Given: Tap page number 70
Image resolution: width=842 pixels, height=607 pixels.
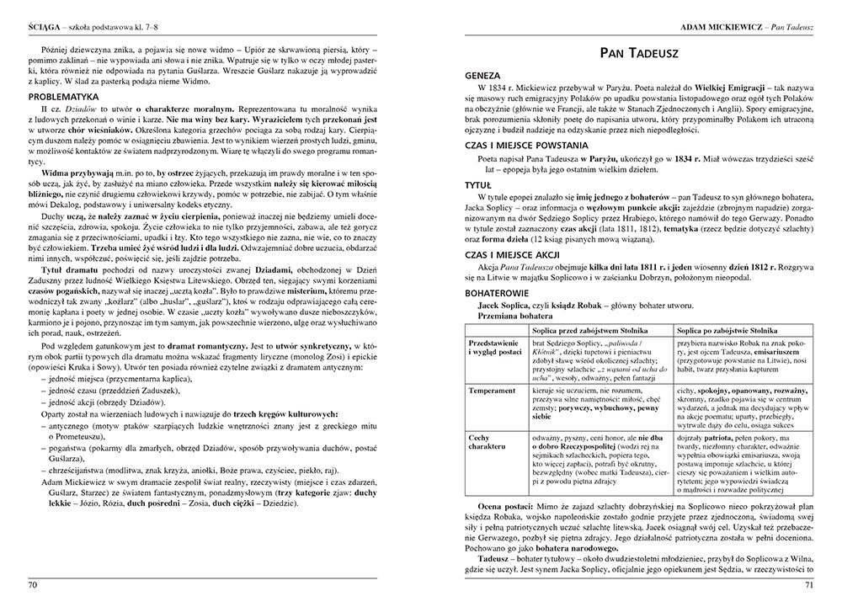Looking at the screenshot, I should [33, 585].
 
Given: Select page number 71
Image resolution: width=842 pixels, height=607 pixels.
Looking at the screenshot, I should [808, 585].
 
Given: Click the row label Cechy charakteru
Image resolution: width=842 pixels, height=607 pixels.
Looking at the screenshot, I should [488, 442].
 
